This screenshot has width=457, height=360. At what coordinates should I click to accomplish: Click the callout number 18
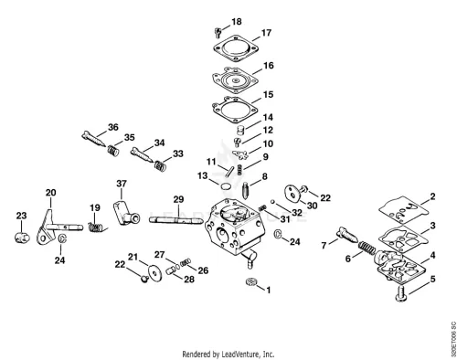point(237,22)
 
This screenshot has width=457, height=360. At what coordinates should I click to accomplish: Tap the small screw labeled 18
point(218,32)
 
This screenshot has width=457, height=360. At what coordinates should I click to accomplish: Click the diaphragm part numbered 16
point(235,80)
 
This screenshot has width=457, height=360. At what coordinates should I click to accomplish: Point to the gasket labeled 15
point(235,109)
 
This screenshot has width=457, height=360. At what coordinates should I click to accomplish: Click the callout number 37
point(122,184)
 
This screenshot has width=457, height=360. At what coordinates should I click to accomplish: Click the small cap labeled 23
point(22,237)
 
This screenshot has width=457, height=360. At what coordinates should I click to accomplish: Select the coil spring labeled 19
point(97,228)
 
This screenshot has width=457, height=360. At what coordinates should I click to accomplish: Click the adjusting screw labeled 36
point(94,139)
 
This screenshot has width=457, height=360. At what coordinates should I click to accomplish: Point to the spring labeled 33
point(160,165)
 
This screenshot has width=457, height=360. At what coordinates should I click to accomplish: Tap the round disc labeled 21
point(155,273)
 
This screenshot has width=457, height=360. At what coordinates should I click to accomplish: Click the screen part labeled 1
point(251,281)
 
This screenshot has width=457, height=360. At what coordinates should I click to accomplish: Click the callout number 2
point(432,196)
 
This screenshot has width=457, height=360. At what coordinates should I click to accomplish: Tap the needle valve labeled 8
point(246,190)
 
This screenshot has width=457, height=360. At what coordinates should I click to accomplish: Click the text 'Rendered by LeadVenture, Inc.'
point(228,355)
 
